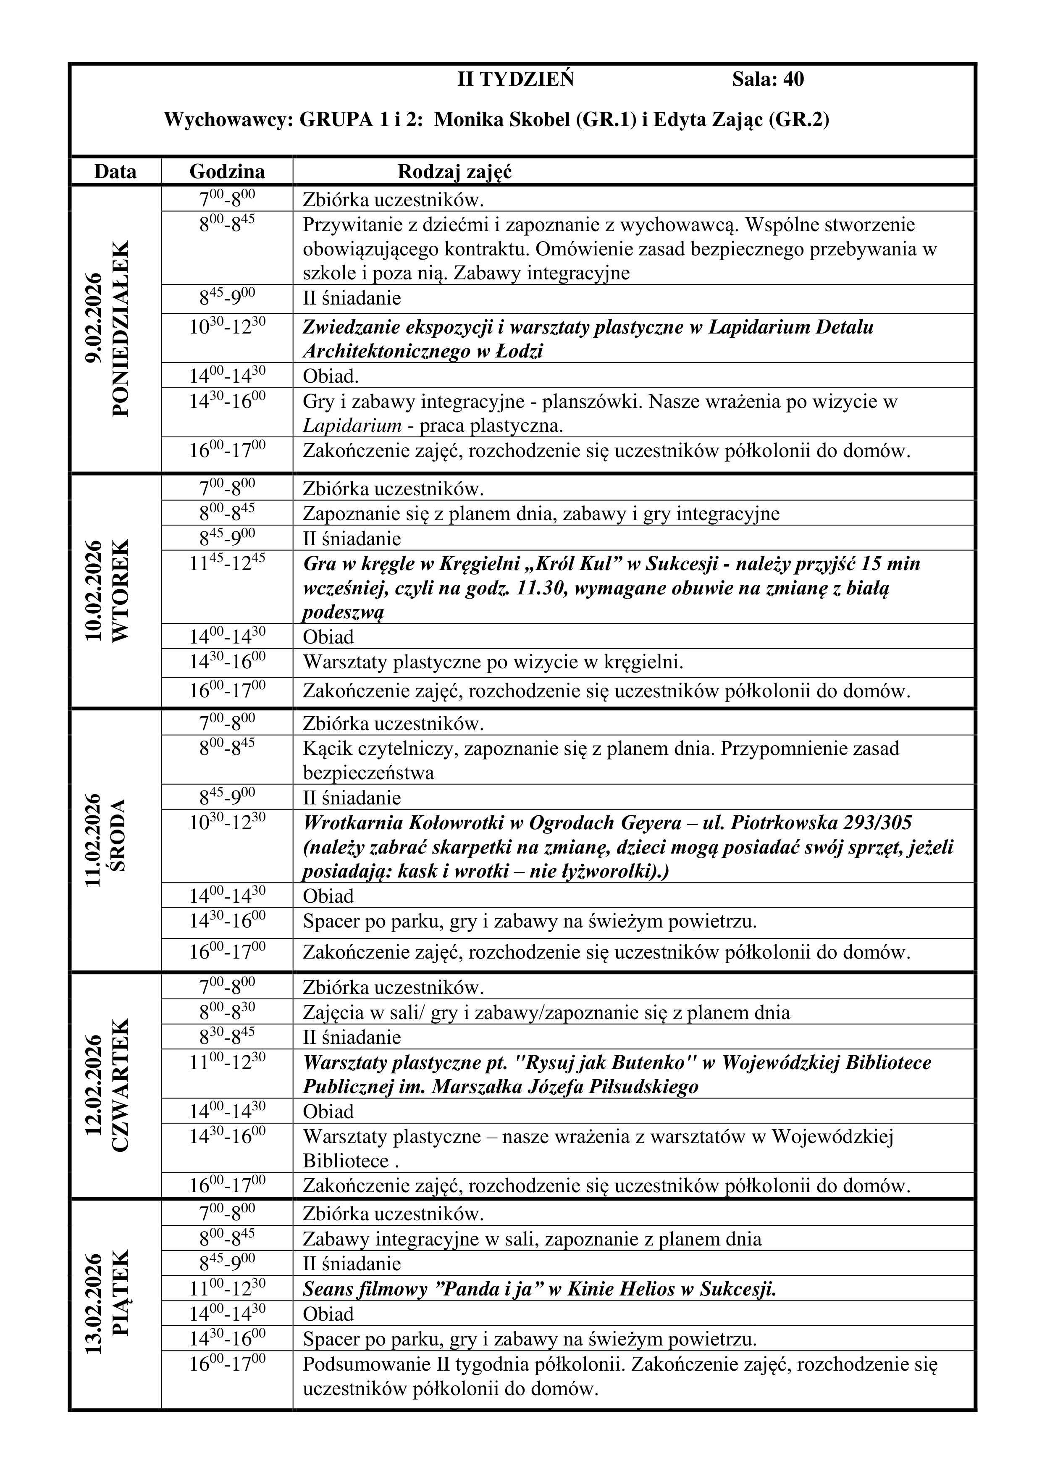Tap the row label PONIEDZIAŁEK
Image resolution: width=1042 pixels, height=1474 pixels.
(121, 328)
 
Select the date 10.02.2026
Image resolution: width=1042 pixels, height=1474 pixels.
(94, 591)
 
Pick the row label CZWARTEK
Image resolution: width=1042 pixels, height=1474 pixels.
(121, 1085)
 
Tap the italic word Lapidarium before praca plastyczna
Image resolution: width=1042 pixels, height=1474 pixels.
(352, 426)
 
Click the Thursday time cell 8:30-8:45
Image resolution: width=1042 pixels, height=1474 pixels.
(227, 1036)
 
